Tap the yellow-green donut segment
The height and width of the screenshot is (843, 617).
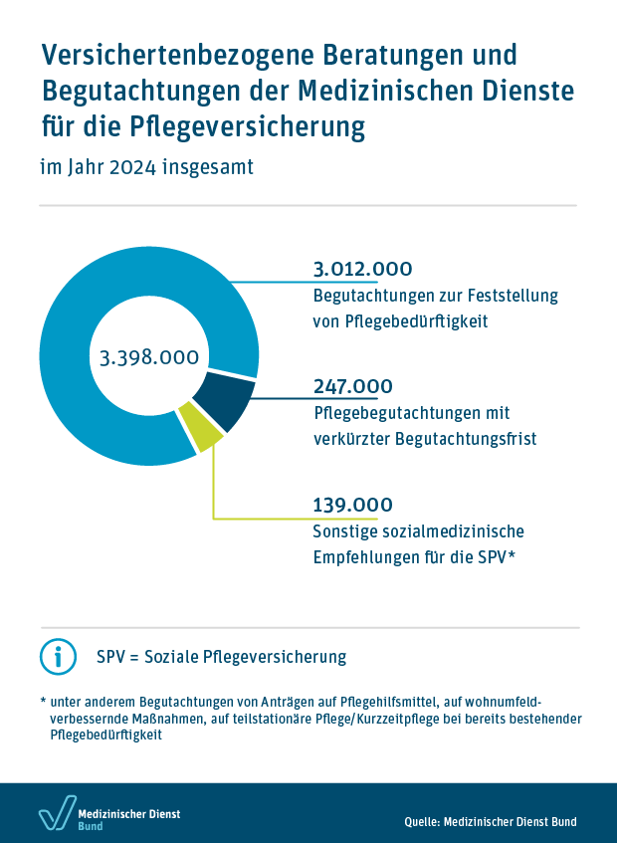tap(202, 432)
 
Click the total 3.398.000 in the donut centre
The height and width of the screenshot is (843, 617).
tap(149, 357)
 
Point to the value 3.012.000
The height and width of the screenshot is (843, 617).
tap(362, 270)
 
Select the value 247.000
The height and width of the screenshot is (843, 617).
tap(352, 386)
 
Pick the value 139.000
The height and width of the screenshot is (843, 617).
tap(352, 505)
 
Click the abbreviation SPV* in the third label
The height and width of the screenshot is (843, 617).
tap(496, 556)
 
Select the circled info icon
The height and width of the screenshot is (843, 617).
tap(58, 657)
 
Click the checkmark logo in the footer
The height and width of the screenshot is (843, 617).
tap(56, 813)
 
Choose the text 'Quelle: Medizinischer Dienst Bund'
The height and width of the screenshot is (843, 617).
tap(491, 822)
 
